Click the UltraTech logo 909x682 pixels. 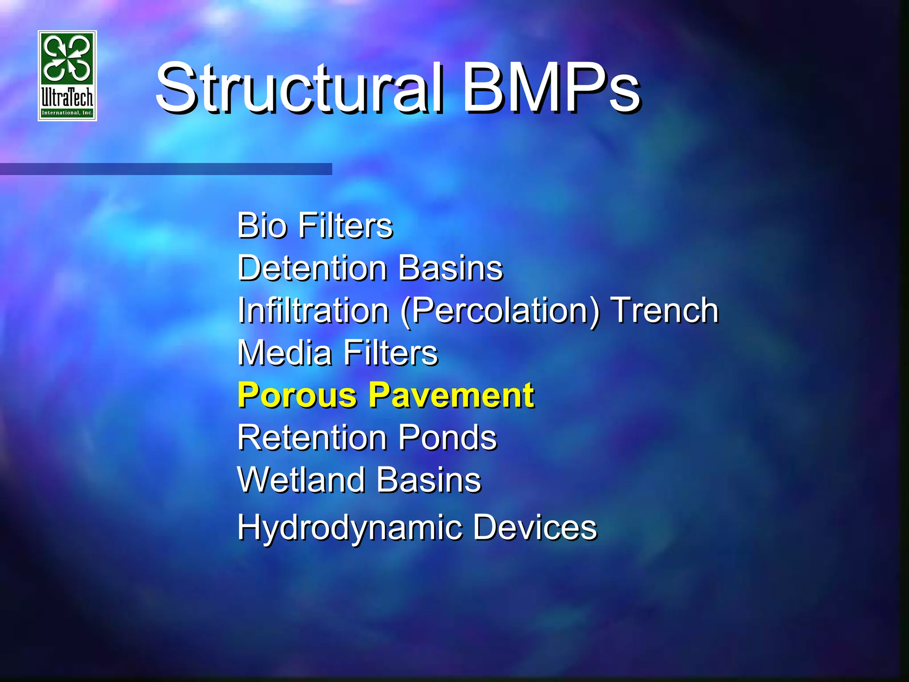(x=67, y=75)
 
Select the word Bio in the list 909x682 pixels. (x=262, y=226)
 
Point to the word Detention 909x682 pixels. (x=312, y=268)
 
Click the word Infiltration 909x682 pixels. (x=313, y=310)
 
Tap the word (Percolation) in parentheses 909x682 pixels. (x=500, y=311)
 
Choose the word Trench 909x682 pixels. (x=664, y=310)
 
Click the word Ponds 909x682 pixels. (x=447, y=438)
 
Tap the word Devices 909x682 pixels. (x=535, y=527)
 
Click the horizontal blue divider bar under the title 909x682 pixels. (x=166, y=169)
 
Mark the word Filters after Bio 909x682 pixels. (x=346, y=226)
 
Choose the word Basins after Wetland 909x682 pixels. (x=429, y=480)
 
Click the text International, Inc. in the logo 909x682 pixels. (x=67, y=113)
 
